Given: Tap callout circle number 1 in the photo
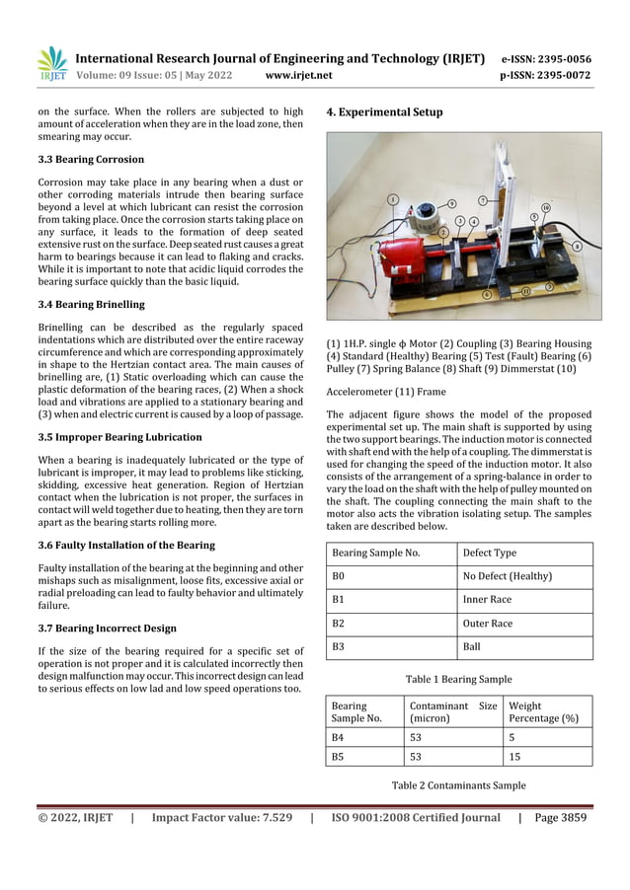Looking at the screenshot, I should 393,199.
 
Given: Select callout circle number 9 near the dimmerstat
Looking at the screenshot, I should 451,203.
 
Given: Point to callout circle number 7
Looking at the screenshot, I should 482,200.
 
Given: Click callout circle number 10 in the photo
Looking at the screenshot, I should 545,208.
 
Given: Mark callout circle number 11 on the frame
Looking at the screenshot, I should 525,292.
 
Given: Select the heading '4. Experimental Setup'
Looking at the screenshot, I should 384,112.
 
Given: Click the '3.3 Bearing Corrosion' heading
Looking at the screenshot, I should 91,159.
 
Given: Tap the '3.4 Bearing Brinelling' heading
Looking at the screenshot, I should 91,304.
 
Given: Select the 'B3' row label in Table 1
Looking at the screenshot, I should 339,647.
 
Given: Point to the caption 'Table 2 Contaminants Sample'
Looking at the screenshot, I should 458,785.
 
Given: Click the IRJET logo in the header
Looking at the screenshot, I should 51,64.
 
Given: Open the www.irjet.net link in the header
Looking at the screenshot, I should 299,75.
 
